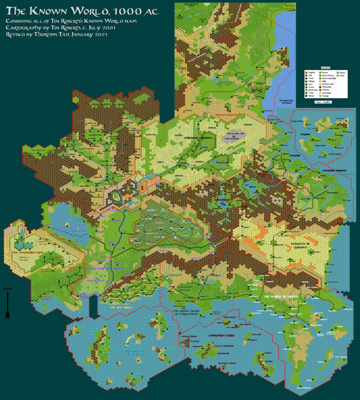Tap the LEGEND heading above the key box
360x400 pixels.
tap(326, 68)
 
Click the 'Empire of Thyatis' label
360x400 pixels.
tap(283, 296)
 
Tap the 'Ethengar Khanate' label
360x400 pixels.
tap(197, 138)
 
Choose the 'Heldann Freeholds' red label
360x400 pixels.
tap(227, 115)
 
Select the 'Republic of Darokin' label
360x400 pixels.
tap(105, 269)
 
